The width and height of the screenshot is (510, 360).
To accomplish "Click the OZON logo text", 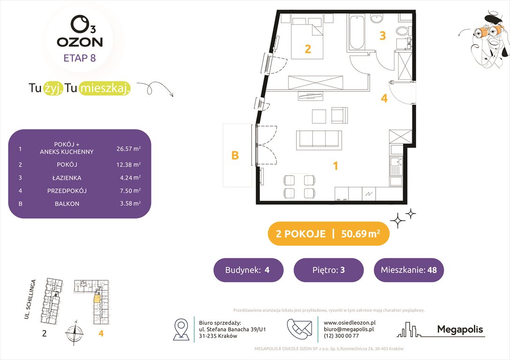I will coord(80,42).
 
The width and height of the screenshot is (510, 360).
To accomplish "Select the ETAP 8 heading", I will coord(80,59).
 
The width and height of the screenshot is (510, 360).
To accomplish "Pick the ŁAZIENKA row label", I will coord(67,178).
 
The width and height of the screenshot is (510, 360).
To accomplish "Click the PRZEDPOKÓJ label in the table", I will coord(67,191).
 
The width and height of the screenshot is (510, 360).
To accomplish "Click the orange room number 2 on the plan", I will coord(308,49).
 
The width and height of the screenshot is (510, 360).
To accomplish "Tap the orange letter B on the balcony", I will coord(235,156).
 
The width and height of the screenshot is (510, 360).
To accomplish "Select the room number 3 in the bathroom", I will coord(382,36).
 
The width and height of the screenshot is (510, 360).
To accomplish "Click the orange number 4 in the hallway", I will coord(384,98).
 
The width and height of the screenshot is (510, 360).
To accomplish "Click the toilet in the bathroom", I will coord(402,33).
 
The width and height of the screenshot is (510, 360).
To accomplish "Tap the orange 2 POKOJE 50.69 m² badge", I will coord(328,234).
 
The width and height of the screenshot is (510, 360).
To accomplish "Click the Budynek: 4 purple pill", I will coord(248,270).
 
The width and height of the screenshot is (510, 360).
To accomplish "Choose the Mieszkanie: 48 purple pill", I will coord(409,270).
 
